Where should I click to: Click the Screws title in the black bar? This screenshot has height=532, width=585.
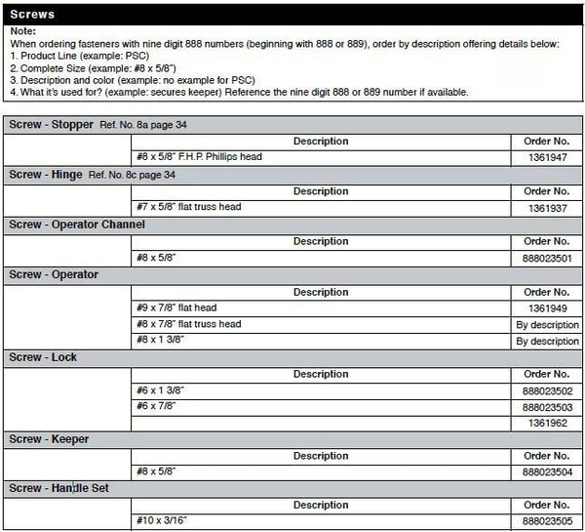click(x=31, y=16)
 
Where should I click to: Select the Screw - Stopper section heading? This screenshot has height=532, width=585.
click(x=51, y=125)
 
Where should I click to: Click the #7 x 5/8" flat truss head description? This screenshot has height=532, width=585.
click(x=188, y=207)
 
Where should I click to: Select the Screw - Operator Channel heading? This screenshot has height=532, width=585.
click(x=77, y=225)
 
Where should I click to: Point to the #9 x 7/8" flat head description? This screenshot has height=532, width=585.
click(x=176, y=307)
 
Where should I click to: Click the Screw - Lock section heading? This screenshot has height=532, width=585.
click(x=43, y=357)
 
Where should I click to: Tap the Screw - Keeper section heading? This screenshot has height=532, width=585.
click(x=49, y=439)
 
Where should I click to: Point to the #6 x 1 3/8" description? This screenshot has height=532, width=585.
click(x=161, y=390)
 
